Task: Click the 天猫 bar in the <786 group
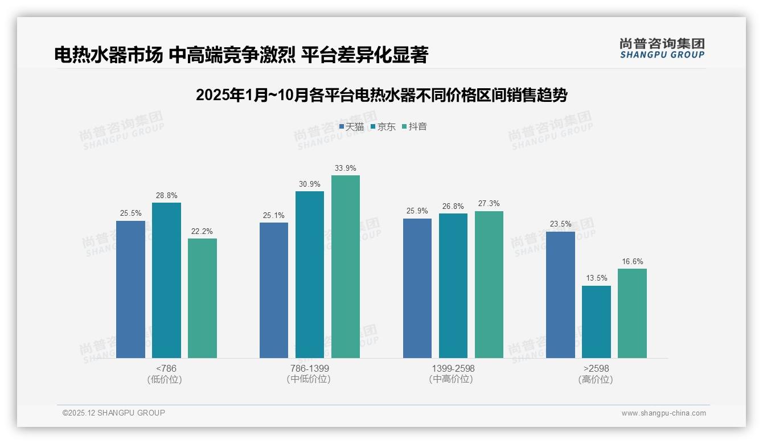coord(130,289)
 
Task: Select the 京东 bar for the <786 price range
coord(166,280)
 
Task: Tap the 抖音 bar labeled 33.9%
coord(346,266)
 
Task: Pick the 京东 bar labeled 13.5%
coord(596,322)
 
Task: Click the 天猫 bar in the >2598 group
coord(560,295)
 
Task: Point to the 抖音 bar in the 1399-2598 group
coord(489,285)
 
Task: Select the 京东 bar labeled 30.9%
coord(310,274)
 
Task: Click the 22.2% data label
coord(202,232)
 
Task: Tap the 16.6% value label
coord(632,262)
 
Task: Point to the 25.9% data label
coord(417,211)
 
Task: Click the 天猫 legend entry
coord(351,127)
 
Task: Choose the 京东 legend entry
coord(383,127)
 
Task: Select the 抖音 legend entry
coord(415,127)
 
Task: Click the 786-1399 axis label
coord(309,368)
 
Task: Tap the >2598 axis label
coord(596,368)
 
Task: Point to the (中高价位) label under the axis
coord(453,379)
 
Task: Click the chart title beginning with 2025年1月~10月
coord(381,95)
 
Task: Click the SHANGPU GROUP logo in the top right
coord(662,48)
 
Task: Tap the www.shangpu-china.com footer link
coord(663,413)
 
